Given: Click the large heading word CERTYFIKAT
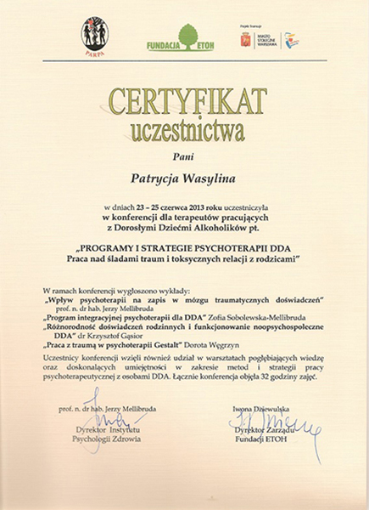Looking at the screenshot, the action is coord(184,100).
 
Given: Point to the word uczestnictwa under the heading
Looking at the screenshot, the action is coord(184,131).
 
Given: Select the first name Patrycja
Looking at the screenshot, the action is coord(156,180).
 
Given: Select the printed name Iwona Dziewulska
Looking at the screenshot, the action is coord(261,410).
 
